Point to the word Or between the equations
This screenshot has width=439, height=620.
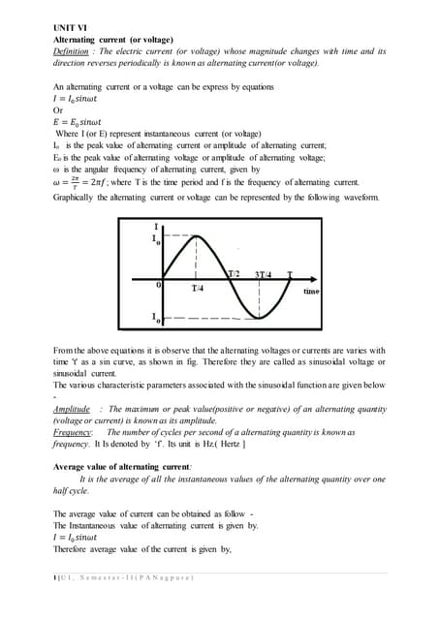point(58,110)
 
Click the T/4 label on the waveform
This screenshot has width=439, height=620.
point(198,289)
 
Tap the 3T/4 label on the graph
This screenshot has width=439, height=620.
point(265,275)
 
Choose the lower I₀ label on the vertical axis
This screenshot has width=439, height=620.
point(156,317)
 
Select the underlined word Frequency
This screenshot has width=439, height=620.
point(72,433)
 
